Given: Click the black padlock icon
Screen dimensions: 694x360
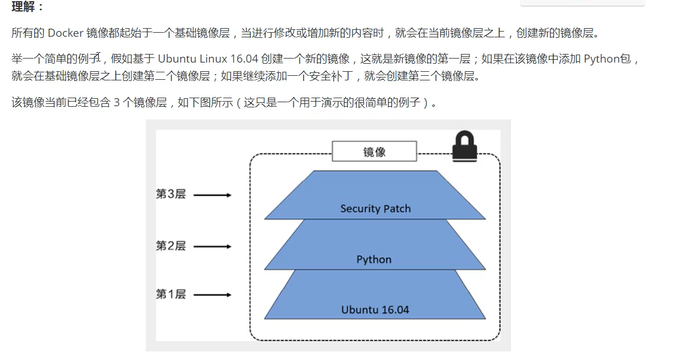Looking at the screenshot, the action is coord(464,146).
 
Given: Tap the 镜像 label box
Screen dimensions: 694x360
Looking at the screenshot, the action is coord(374,151).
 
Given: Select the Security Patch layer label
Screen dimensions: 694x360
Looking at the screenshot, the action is coord(375,209).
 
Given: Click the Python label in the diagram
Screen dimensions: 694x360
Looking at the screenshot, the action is coord(374,260).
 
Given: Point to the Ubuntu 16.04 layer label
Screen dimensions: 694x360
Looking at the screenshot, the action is coord(375,310).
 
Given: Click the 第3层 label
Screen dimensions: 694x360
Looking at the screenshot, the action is coord(170,194).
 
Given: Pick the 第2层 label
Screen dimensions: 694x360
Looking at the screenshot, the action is coord(170,246).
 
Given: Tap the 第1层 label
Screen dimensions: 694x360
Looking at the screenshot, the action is coord(170,294).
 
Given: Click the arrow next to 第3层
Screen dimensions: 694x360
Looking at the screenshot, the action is coord(212,195).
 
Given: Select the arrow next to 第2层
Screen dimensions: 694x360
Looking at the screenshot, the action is coord(212,247).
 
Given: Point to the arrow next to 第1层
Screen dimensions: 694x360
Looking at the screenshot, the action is coord(212,295).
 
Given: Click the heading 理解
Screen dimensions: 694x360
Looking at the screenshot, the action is coord(23,6).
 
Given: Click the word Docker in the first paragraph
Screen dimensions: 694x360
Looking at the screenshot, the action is coord(65,33).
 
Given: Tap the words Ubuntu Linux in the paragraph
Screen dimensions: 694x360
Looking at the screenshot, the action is coord(192,59).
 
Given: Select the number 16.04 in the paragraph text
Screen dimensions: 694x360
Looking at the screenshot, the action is coord(245,59).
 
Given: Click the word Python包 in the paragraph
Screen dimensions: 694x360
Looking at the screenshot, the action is coord(607,59).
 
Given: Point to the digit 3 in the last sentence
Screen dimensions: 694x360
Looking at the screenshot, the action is coord(117,103).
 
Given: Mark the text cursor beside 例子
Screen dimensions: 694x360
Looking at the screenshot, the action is coord(99,57).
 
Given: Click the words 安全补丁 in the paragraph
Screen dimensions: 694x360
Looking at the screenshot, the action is coord(331,76).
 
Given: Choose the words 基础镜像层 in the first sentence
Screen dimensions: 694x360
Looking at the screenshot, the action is coord(202,33).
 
